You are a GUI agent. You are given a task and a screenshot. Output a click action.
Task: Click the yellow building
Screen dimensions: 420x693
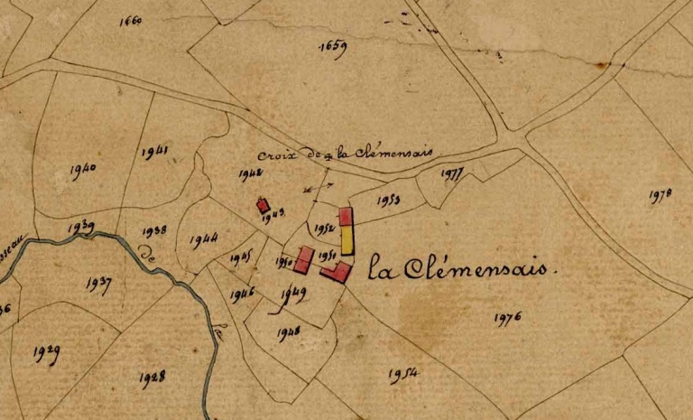tap(347, 240)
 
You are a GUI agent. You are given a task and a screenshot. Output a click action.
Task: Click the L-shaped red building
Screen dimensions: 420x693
tap(337, 271)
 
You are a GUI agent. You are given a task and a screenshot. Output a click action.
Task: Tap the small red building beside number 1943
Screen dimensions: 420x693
tap(263, 205)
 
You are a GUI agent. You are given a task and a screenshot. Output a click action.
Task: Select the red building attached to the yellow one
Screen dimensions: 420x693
tap(346, 217)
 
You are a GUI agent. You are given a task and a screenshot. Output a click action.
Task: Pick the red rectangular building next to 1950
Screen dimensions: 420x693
tap(304, 260)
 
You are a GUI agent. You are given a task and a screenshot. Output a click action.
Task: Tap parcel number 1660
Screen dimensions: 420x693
tap(131, 21)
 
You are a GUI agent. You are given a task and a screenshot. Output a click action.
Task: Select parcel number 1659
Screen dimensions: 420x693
tap(333, 47)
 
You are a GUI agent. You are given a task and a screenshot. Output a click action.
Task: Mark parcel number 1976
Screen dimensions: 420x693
tap(509, 317)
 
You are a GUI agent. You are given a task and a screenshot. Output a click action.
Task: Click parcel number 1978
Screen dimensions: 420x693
tap(661, 195)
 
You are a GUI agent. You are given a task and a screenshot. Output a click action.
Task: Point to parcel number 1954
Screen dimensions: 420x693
tap(403, 373)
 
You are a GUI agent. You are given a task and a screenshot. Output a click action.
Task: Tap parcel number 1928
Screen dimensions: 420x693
tap(152, 379)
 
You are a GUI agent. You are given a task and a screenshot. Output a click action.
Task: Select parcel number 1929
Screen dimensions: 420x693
tap(46, 353)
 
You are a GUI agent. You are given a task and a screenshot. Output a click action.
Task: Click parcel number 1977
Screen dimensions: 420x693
tap(454, 174)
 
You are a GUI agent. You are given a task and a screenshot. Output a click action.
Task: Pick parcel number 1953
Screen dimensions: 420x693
tap(390, 199)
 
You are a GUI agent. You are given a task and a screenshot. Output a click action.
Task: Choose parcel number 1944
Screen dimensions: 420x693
tap(204, 240)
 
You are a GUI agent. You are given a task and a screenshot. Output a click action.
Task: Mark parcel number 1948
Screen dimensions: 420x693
tap(290, 331)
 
